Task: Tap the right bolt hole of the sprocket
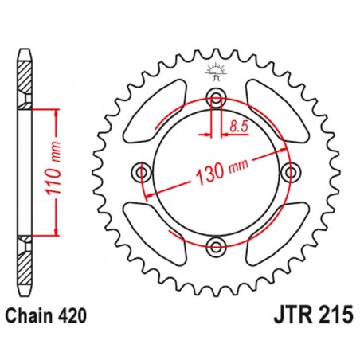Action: pyautogui.click(x=288, y=172)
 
